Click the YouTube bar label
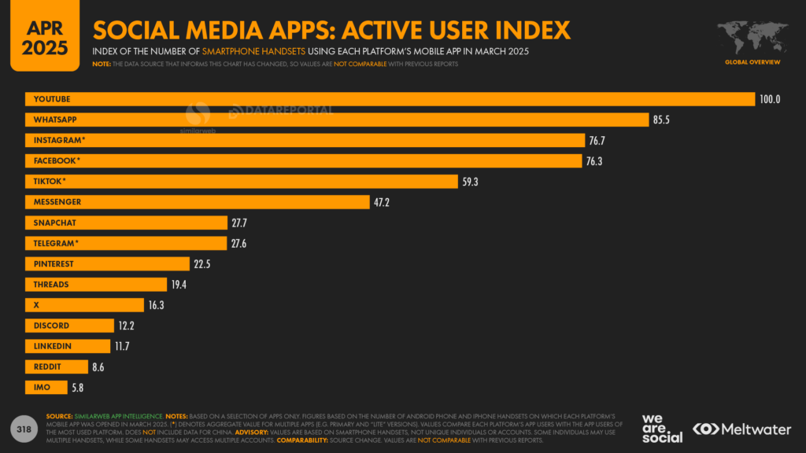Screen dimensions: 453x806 52,99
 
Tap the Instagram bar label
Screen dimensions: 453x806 59,140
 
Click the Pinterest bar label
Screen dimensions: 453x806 54,264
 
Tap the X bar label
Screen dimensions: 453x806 35,305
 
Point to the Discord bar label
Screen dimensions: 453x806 51,326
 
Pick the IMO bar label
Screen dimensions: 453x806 42,388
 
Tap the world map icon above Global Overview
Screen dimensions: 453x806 752,37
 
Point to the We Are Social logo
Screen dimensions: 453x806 662,428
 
